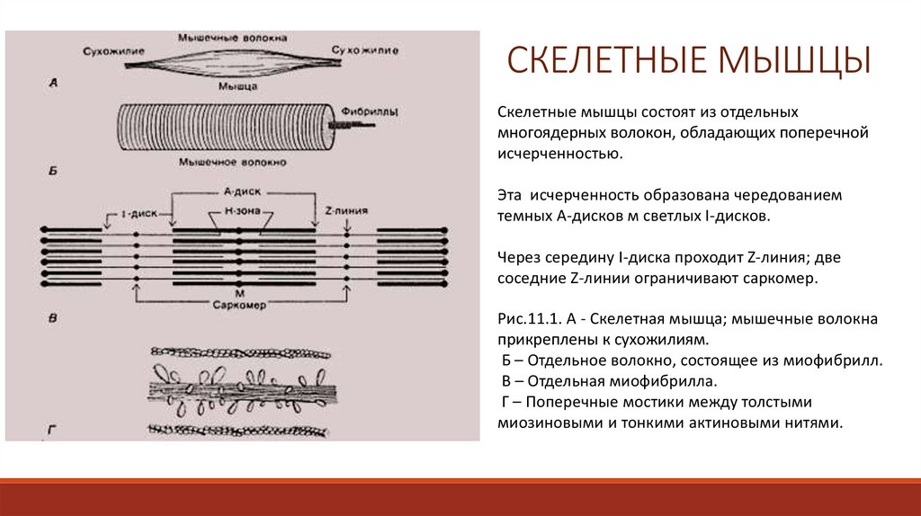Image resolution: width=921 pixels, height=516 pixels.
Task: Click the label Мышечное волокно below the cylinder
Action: pos(233,163)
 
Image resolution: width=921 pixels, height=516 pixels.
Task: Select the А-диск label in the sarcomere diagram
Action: pos(240,192)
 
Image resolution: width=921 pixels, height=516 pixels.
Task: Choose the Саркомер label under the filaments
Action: pos(238,303)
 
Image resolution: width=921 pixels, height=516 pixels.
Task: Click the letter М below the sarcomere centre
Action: pos(238,292)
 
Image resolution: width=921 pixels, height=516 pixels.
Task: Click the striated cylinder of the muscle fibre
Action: pos(225,129)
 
